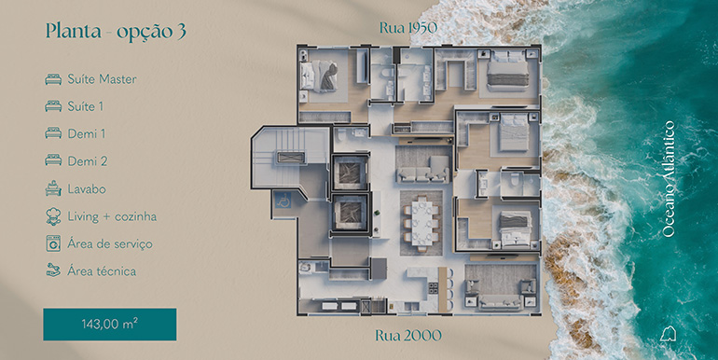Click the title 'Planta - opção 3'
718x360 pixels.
click(116, 32)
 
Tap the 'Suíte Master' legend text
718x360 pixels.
click(103, 79)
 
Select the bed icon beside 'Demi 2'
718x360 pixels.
click(53, 160)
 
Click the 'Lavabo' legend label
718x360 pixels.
click(87, 188)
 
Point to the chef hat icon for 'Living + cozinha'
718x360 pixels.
click(53, 216)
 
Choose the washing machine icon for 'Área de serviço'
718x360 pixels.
click(53, 243)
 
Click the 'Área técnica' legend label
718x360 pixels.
click(102, 271)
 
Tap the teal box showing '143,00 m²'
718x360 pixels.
click(110, 325)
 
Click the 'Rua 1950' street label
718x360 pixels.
click(408, 28)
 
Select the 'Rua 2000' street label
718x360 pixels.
click(408, 336)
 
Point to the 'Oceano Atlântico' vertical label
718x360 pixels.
click(669, 179)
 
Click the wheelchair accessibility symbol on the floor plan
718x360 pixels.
click(283, 200)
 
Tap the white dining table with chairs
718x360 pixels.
click(421, 223)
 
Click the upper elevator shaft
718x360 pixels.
click(350, 172)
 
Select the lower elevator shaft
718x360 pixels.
click(350, 213)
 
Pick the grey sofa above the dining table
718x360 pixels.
click(423, 170)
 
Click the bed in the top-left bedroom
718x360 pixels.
click(319, 76)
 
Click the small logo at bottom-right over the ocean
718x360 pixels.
click(668, 334)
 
